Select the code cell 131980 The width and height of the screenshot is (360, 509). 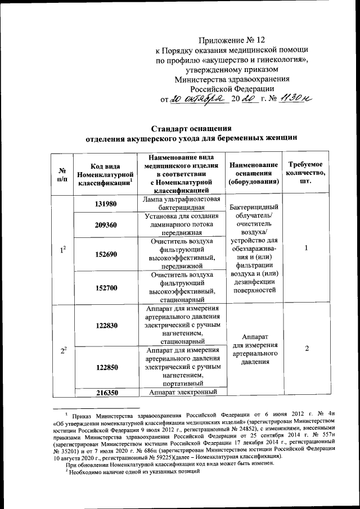pos(106,204)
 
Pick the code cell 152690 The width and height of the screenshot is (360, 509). pos(106,254)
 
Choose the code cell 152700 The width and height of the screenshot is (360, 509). pos(106,287)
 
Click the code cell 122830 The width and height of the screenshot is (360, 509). pos(106,325)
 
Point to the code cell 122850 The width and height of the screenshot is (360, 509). pos(106,367)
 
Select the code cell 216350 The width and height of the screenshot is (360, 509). pos(106,392)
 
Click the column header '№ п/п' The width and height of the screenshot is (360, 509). pos(62,174)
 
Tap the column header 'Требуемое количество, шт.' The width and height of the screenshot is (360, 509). pos(307,174)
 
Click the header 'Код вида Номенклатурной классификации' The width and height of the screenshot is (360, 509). pos(106,174)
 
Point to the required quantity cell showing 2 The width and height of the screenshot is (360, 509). pos(307,349)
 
